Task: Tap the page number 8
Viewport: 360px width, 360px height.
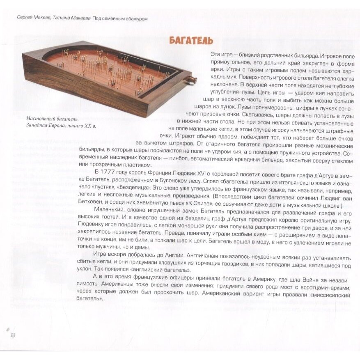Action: click(x=13, y=335)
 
